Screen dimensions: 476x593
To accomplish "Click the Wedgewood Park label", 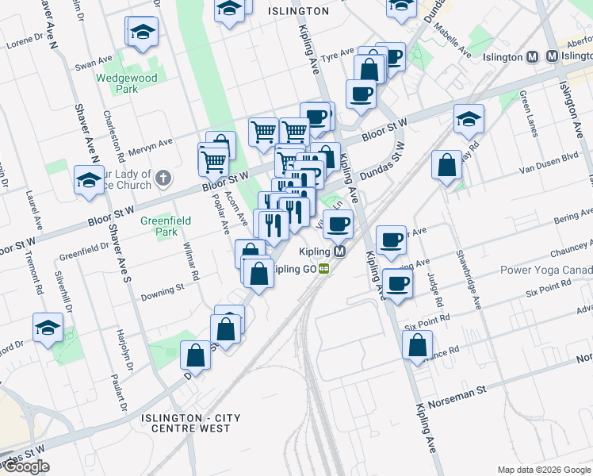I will click(127, 83).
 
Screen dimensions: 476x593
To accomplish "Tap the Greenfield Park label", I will click(159, 226).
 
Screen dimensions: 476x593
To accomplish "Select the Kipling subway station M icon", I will click(339, 251).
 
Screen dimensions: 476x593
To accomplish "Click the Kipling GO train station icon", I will click(325, 269).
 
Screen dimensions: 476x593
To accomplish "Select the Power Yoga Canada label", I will click(546, 270).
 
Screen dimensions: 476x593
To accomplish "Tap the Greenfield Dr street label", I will click(83, 253).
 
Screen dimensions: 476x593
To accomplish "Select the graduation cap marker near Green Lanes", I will click(469, 119).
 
